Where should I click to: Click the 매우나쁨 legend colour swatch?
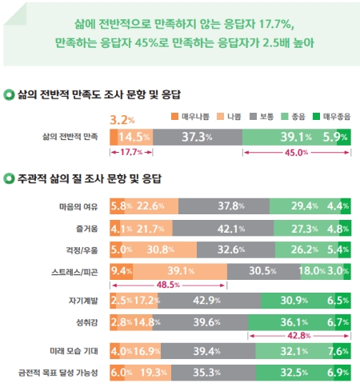pyautogui.click(x=174, y=117)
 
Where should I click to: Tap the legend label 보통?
pyautogui.click(x=267, y=117)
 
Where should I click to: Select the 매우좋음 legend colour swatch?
pyautogui.click(x=316, y=117)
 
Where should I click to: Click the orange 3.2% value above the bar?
pyautogui.click(x=122, y=120)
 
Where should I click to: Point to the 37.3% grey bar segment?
pyautogui.click(x=198, y=138)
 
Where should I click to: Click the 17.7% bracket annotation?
pyautogui.click(x=131, y=153)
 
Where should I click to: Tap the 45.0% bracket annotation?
pyautogui.click(x=297, y=153)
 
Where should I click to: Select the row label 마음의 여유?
pyautogui.click(x=78, y=207)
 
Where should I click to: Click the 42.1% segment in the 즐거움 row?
pyautogui.click(x=223, y=229)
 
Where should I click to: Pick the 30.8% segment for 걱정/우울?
pyautogui.click(x=159, y=249)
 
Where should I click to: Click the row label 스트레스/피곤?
pyautogui.click(x=74, y=272)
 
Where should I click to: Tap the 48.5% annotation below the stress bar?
pyautogui.click(x=168, y=285)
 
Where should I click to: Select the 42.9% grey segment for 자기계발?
pyautogui.click(x=210, y=301)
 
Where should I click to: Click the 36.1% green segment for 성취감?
pyautogui.click(x=291, y=322)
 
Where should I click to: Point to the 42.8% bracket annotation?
pyautogui.click(x=299, y=336)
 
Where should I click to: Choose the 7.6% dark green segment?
pyautogui.click(x=342, y=351)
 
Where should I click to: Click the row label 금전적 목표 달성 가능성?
pyautogui.click(x=58, y=373)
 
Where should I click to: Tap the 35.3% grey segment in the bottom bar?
pyautogui.click(x=214, y=373)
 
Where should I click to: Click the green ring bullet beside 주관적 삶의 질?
pyautogui.click(x=9, y=178)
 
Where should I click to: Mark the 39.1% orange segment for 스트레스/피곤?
pyautogui.click(x=180, y=271)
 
